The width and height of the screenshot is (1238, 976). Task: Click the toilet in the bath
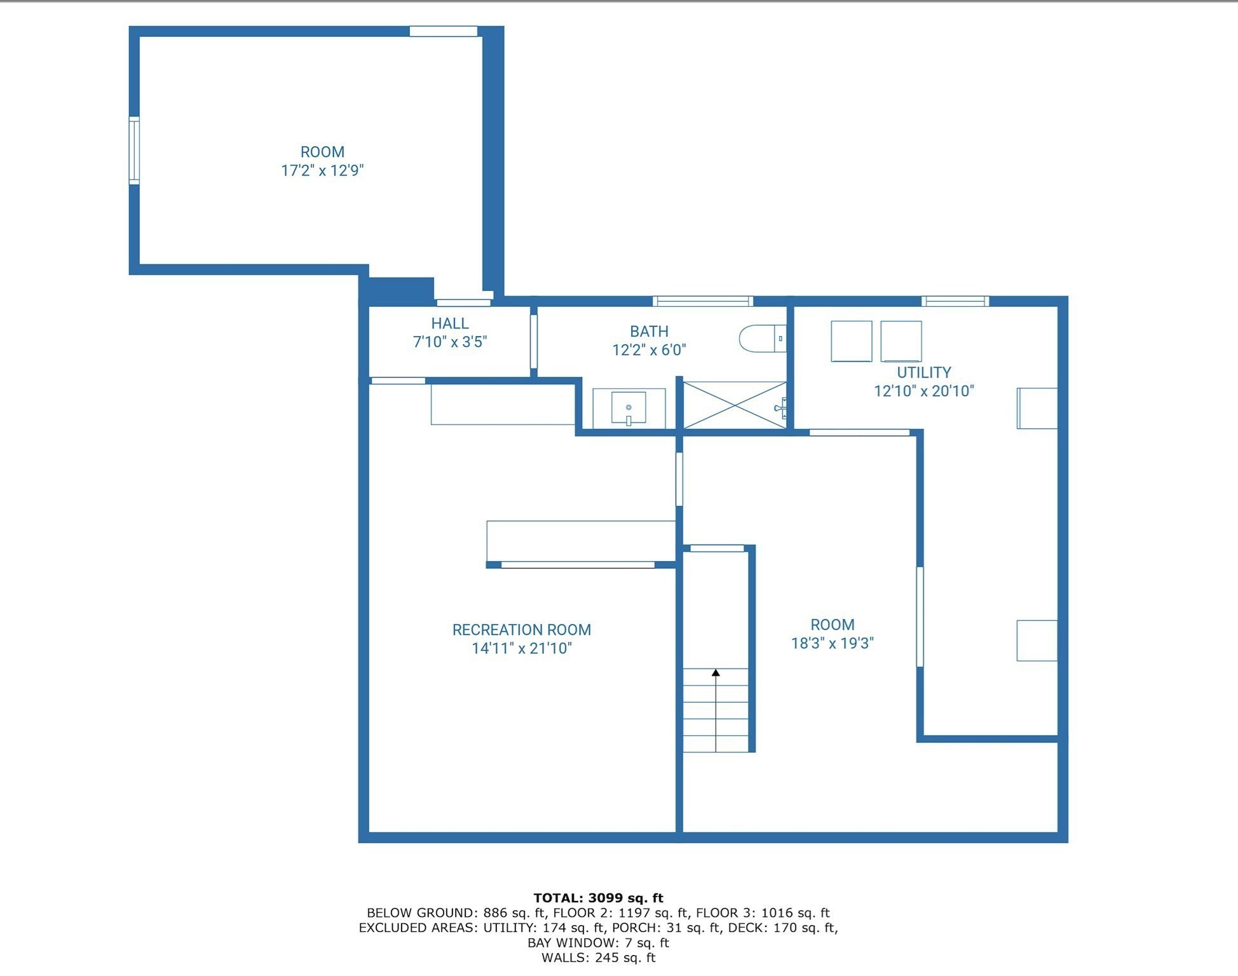pyautogui.click(x=761, y=339)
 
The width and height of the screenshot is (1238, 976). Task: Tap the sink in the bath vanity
pyautogui.click(x=629, y=407)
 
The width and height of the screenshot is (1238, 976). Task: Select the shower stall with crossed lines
pyautogui.click(x=734, y=405)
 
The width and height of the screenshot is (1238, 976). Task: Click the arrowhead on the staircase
pyautogui.click(x=716, y=672)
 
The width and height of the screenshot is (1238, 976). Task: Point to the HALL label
pyautogui.click(x=450, y=323)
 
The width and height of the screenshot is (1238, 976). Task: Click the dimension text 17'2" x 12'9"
pyautogui.click(x=322, y=170)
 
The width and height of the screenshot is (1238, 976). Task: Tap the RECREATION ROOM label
pyautogui.click(x=521, y=630)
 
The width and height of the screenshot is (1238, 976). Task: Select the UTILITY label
pyautogui.click(x=923, y=372)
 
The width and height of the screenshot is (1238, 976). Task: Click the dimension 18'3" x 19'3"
pyautogui.click(x=832, y=643)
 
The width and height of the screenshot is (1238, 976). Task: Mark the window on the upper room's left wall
pyautogui.click(x=134, y=151)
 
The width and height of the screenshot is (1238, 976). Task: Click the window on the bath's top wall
pyautogui.click(x=702, y=301)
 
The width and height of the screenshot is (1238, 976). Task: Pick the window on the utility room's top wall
pyautogui.click(x=955, y=301)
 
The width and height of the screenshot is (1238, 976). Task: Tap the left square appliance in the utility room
pyautogui.click(x=851, y=341)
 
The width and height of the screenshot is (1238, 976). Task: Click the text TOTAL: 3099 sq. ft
pyautogui.click(x=598, y=898)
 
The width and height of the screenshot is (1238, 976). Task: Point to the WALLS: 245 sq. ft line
pyautogui.click(x=598, y=958)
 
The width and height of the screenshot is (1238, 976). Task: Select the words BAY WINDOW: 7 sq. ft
pyautogui.click(x=598, y=942)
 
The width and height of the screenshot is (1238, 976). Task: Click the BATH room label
pyautogui.click(x=649, y=332)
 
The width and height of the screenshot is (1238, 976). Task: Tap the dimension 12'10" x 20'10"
pyautogui.click(x=923, y=391)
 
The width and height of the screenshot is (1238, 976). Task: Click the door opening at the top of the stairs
pyautogui.click(x=717, y=548)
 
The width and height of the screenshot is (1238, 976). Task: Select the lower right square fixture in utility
pyautogui.click(x=1037, y=640)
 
